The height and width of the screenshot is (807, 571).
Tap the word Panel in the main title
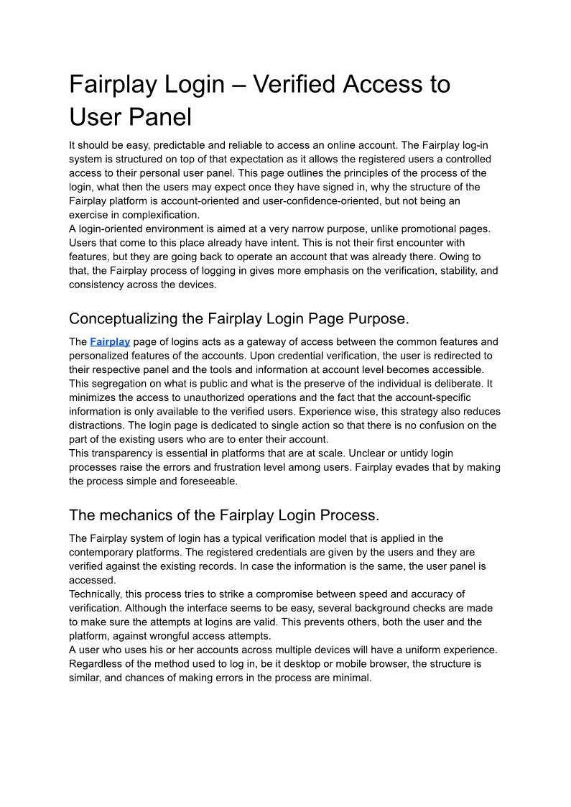point(161,117)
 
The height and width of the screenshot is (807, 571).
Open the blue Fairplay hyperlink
point(110,342)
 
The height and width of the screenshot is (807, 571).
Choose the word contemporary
point(103,552)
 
